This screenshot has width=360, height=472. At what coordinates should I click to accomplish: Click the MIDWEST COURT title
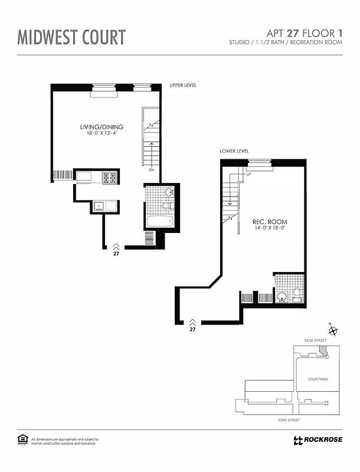71,37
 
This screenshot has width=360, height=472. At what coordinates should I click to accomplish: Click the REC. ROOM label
270,222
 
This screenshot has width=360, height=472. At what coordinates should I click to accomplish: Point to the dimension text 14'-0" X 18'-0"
270,228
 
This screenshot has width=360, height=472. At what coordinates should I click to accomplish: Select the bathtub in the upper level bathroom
160,222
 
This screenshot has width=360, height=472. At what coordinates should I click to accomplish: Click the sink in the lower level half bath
283,297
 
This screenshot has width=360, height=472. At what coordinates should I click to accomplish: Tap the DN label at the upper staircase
152,170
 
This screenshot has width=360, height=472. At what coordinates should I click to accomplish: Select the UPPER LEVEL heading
182,86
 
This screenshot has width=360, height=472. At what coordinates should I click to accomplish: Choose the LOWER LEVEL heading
234,151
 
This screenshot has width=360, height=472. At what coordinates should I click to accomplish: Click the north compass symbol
332,331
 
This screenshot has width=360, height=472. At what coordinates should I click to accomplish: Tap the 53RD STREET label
289,419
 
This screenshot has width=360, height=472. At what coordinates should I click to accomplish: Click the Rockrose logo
316,440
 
